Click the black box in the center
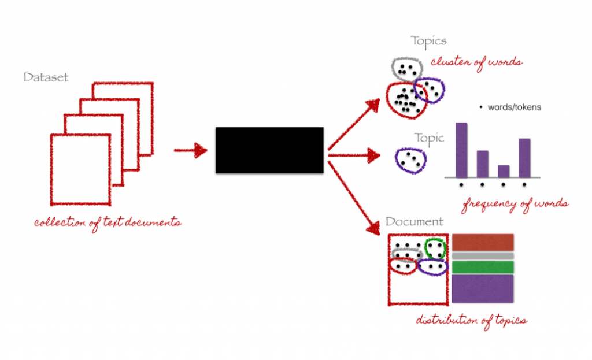point(269,150)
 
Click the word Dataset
point(46,77)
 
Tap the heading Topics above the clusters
point(429,41)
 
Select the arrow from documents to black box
point(191,151)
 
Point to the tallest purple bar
point(461,150)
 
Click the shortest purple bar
point(504,171)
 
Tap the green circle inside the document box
point(435,248)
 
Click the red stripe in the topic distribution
point(482,242)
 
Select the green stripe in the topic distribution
point(482,267)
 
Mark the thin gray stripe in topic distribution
point(482,255)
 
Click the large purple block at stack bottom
point(482,288)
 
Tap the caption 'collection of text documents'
point(107,222)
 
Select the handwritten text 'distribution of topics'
point(471,320)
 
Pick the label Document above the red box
point(414,222)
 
